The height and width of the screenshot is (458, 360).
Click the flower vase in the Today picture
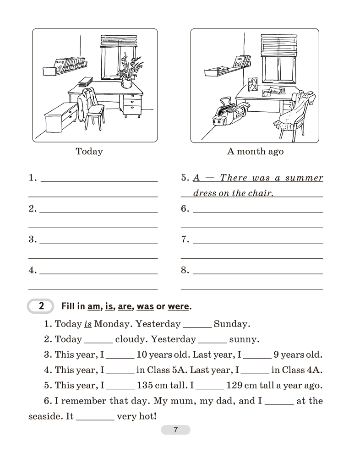[126, 83]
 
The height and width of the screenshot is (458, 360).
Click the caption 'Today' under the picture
[89, 151]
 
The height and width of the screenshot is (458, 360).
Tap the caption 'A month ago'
[255, 151]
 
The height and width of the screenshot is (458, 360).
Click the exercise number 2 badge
[41, 306]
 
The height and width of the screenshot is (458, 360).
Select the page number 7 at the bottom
[175, 430]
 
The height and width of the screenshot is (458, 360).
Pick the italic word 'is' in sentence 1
[88, 324]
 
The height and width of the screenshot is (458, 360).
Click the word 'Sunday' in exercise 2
[232, 324]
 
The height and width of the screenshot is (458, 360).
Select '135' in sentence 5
[146, 385]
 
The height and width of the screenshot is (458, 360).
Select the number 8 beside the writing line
[185, 270]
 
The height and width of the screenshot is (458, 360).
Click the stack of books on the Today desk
[86, 82]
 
